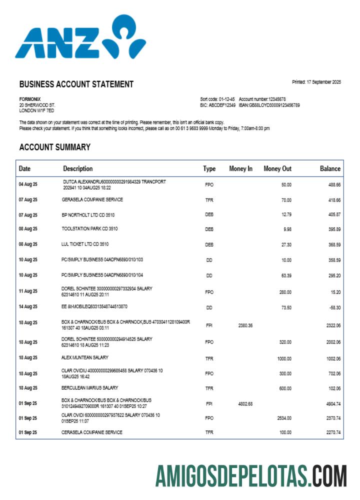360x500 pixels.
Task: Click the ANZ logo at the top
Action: tap(80, 37)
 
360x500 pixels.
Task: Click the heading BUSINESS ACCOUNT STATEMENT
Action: tap(76, 84)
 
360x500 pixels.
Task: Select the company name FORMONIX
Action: tap(30, 99)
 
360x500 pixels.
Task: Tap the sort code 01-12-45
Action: tap(223, 99)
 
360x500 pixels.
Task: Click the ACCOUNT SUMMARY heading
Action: tap(54, 147)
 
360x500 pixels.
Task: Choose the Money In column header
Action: tap(240, 169)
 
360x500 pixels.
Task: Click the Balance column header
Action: tap(330, 169)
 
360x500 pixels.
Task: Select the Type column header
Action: tap(209, 169)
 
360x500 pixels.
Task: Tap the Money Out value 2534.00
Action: tap(284, 418)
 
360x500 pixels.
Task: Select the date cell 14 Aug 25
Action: tap(28, 307)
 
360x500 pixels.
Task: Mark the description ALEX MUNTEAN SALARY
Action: tap(84, 357)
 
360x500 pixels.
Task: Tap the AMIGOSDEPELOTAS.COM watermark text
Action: tap(250, 476)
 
